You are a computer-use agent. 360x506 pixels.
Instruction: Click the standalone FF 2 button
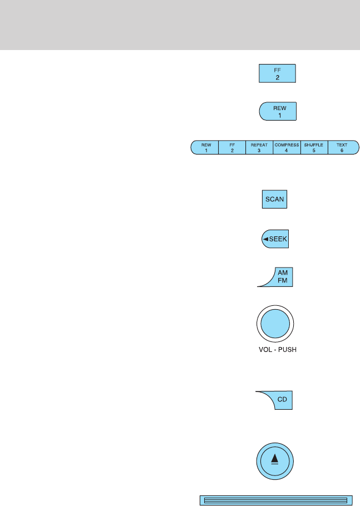[277, 74]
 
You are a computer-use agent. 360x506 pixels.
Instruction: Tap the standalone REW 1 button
[278, 111]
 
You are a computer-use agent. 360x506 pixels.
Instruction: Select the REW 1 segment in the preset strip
[205, 147]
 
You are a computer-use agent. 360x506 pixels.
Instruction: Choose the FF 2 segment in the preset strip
[233, 147]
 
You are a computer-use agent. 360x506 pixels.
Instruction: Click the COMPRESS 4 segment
[287, 147]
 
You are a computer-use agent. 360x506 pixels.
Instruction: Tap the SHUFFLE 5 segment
[314, 147]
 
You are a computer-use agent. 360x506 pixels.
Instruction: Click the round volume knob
[275, 324]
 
